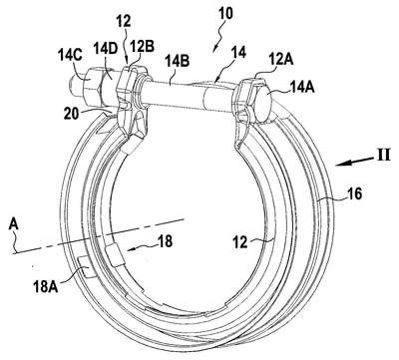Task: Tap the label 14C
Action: [x=71, y=55]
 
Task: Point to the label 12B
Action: [x=142, y=46]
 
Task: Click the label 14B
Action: [x=178, y=62]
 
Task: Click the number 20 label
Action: [x=72, y=114]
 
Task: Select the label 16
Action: [x=354, y=193]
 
